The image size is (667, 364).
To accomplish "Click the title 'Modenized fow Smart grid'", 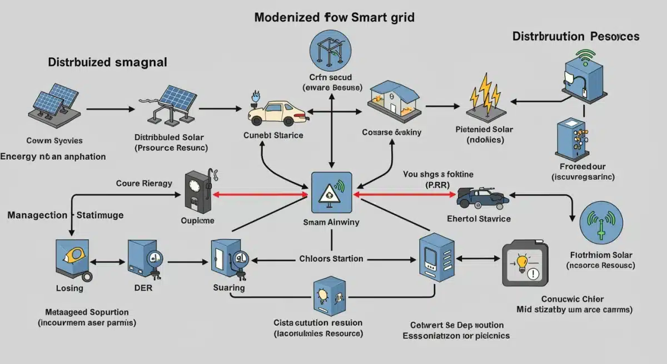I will [x=334, y=17].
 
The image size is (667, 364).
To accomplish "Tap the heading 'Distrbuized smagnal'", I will [x=107, y=62].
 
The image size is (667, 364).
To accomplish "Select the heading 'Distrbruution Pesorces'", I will [x=576, y=37].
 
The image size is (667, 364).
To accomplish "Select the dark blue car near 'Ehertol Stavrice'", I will [x=482, y=197].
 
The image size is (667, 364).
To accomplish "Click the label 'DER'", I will [x=143, y=288].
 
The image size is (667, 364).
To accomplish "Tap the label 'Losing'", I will [x=69, y=288].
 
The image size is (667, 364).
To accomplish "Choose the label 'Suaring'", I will [x=228, y=288].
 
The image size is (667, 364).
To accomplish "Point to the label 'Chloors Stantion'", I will [x=331, y=259].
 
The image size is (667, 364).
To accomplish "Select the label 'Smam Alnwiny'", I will [x=331, y=222].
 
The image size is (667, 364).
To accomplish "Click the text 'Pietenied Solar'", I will [x=484, y=130].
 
